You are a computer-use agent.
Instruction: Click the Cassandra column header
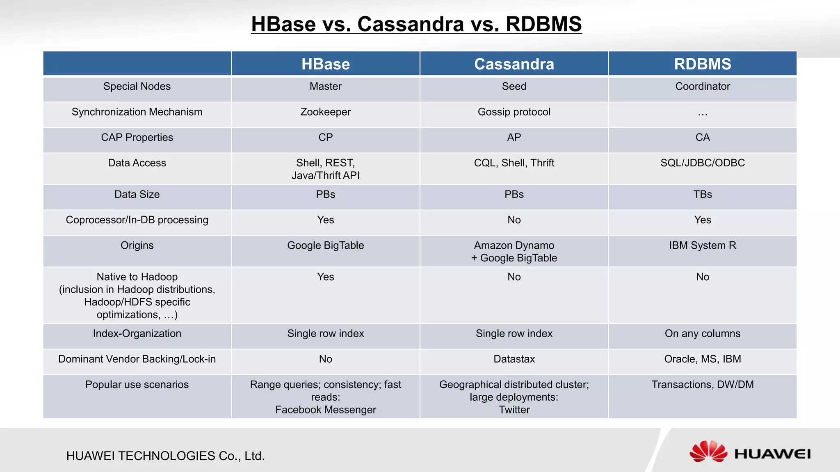click(x=514, y=64)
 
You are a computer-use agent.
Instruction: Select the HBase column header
click(x=326, y=64)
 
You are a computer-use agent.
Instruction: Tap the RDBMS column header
click(x=703, y=64)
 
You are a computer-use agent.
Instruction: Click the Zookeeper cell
click(x=326, y=112)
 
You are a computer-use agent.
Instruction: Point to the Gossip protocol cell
click(x=514, y=112)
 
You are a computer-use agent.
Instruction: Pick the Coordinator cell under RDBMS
click(x=703, y=86)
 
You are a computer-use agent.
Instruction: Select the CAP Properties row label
click(x=137, y=137)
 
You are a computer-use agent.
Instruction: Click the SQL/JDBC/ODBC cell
click(x=703, y=163)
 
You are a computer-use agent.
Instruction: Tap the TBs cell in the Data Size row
click(x=703, y=194)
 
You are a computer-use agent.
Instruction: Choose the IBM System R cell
click(x=703, y=245)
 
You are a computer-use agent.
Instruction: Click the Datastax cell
click(x=514, y=359)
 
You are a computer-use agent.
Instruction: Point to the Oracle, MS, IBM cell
click(x=703, y=359)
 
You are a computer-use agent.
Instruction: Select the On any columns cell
click(x=703, y=334)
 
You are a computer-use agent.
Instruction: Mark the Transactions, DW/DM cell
click(x=703, y=384)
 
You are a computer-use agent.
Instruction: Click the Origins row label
click(x=137, y=245)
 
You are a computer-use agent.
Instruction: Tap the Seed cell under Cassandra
click(x=514, y=86)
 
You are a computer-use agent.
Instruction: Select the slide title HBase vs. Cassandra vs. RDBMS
click(x=416, y=24)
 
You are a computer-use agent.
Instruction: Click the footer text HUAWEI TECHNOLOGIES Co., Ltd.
click(x=166, y=456)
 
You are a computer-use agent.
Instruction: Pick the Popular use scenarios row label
click(x=137, y=384)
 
